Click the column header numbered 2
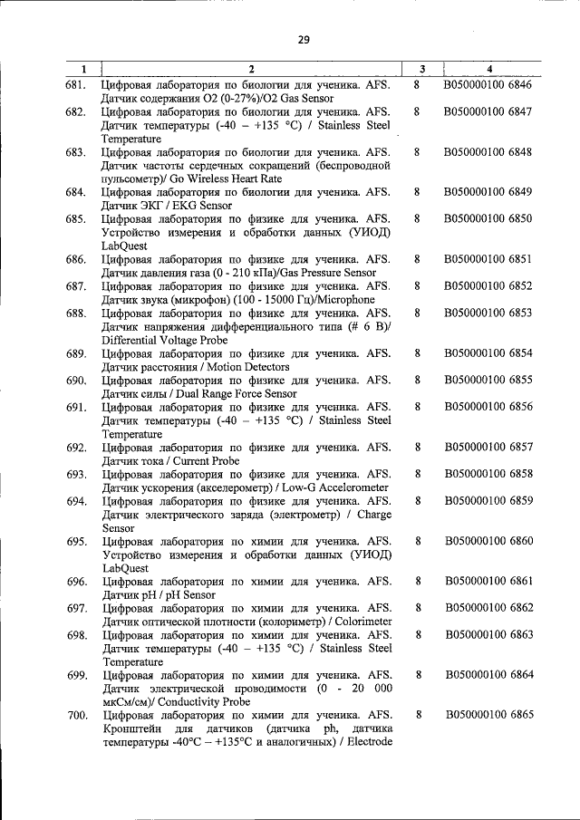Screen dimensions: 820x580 click(x=252, y=69)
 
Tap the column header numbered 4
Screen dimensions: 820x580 click(x=489, y=69)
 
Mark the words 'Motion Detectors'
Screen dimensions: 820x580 click(x=245, y=368)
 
